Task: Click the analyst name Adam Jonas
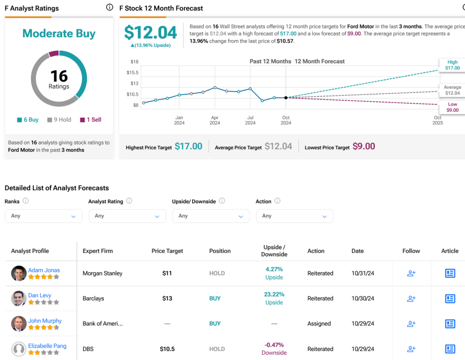(x=44, y=270)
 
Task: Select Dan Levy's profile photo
(x=19, y=299)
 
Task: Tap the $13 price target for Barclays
(x=167, y=299)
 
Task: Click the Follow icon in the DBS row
(x=411, y=349)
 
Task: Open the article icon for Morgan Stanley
(x=450, y=273)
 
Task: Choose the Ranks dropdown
(x=44, y=216)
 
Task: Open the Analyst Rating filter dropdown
(x=127, y=216)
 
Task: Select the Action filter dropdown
(x=295, y=216)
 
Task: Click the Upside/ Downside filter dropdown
(x=211, y=216)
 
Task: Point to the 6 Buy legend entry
(x=28, y=120)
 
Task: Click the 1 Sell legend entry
(x=90, y=120)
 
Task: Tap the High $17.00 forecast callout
(x=452, y=65)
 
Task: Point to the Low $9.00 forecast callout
(x=452, y=107)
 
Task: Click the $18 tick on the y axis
(x=134, y=61)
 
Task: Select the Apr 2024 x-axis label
(x=215, y=120)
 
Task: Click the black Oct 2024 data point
(x=286, y=98)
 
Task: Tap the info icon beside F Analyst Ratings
(x=109, y=7)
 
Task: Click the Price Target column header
(x=167, y=251)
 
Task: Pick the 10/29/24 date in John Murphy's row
(x=363, y=324)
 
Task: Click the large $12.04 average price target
(x=150, y=33)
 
